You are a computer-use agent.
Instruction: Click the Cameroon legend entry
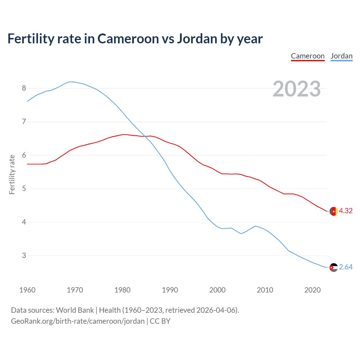(x=308, y=56)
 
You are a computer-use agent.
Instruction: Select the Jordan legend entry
(x=341, y=56)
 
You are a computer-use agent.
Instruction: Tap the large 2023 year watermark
(x=297, y=89)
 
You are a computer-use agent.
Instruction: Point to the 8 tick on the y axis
(x=24, y=88)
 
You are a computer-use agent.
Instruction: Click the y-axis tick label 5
(x=24, y=189)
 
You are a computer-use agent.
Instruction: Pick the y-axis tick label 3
(x=24, y=256)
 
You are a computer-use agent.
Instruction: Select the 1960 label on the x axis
(x=27, y=290)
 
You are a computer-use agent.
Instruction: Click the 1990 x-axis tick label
(x=170, y=290)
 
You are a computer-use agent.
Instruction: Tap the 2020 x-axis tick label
(x=312, y=290)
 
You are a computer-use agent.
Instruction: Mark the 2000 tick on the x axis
(x=217, y=290)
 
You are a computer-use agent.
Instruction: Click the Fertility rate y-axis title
(x=12, y=174)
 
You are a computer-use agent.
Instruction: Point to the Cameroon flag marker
(x=334, y=211)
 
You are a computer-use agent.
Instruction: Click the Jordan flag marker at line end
(x=334, y=267)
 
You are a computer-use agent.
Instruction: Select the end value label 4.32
(x=346, y=211)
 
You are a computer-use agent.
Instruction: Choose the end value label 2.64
(x=346, y=267)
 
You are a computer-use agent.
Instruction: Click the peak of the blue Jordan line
(x=70, y=82)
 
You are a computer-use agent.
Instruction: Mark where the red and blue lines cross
(x=145, y=136)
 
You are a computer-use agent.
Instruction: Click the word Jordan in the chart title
(x=197, y=39)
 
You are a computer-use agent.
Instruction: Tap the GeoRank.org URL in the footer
(x=78, y=321)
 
